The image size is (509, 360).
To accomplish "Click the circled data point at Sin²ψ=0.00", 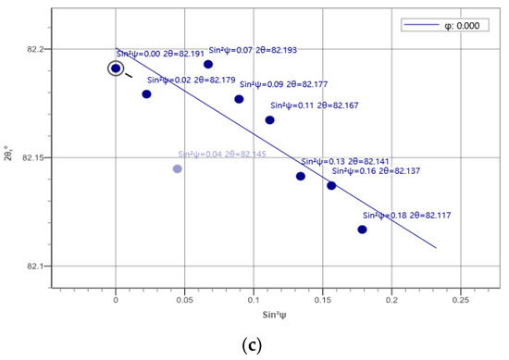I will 116,68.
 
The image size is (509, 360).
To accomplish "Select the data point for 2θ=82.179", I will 146,94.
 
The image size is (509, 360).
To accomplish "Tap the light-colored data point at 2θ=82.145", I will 178,168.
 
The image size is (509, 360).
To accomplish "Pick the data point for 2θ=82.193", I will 208,64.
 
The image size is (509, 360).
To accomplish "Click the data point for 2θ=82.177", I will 239,99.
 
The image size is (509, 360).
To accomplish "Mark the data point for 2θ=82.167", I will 270,120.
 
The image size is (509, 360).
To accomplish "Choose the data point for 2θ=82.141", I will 301,176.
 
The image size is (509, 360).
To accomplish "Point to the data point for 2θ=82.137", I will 331,185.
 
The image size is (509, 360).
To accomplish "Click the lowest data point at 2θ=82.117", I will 362,229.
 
